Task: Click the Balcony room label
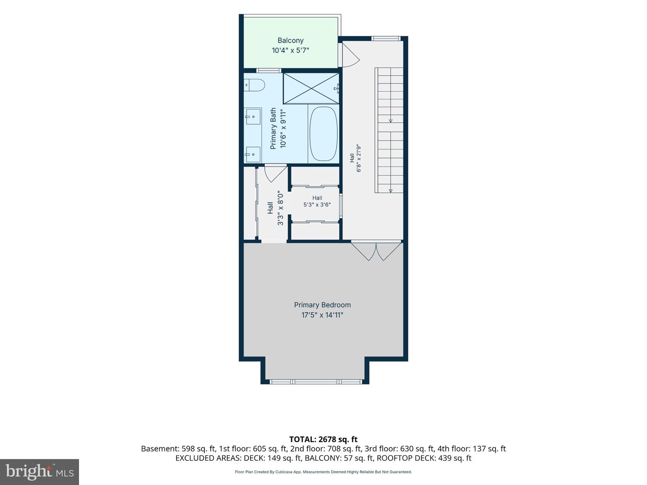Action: [290, 40]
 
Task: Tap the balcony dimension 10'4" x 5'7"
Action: [290, 50]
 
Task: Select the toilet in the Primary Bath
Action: [254, 85]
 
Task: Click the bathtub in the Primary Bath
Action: [323, 134]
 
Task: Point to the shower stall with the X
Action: [311, 88]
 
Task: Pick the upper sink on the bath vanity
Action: [253, 117]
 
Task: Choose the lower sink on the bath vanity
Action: [253, 154]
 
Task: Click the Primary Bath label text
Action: [273, 128]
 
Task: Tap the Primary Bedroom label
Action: [322, 305]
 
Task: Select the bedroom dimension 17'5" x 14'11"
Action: [322, 315]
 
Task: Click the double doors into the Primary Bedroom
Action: [377, 251]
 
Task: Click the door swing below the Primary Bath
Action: [275, 173]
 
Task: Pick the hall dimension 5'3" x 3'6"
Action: [317, 205]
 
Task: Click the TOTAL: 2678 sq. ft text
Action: [323, 439]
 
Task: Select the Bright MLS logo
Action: [40, 472]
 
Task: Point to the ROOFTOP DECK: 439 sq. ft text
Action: [424, 458]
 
